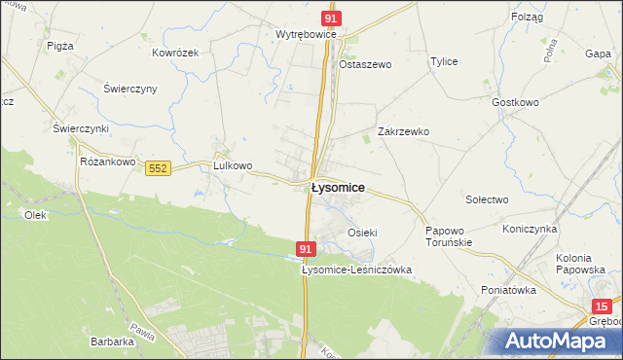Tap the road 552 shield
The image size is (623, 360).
click(x=159, y=168)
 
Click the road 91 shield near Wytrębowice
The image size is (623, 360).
click(x=332, y=18)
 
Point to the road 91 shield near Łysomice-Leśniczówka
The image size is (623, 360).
click(x=306, y=250)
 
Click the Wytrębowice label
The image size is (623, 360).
click(x=306, y=34)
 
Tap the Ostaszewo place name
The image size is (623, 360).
click(x=364, y=64)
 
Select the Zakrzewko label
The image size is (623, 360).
click(x=403, y=131)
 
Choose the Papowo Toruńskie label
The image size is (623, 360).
click(x=449, y=236)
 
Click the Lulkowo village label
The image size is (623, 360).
click(x=233, y=165)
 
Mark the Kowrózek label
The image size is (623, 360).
click(x=175, y=53)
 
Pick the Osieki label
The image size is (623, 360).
click(x=362, y=233)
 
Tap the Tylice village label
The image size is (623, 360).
click(x=444, y=61)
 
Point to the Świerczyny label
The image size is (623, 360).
click(x=130, y=89)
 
